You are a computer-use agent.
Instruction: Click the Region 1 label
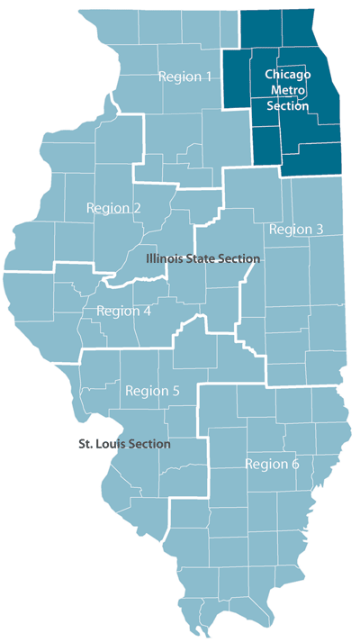tap(185, 77)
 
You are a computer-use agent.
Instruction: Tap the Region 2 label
tap(113, 208)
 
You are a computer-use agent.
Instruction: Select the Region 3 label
tap(296, 230)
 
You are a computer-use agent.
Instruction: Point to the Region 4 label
tap(122, 312)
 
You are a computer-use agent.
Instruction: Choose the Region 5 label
tap(153, 391)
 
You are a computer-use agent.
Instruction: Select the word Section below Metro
tap(288, 106)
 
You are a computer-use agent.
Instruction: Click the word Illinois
tap(164, 258)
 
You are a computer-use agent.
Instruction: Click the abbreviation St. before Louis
tap(85, 444)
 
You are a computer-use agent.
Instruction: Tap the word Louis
tap(111, 444)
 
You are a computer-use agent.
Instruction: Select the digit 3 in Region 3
tap(319, 230)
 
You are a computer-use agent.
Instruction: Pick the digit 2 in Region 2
tap(137, 208)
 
